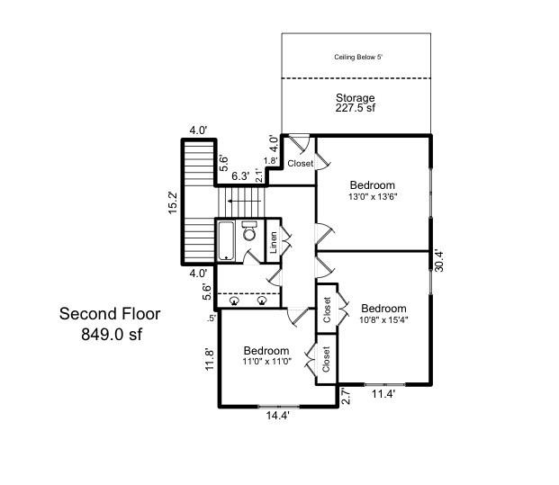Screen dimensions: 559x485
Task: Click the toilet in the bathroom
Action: tap(249, 230)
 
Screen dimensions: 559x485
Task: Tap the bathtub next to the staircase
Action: tap(226, 241)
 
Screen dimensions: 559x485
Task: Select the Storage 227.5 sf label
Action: tap(355, 103)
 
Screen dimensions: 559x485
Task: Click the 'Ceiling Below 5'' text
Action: tap(358, 57)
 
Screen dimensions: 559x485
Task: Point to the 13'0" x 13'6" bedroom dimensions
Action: tap(373, 196)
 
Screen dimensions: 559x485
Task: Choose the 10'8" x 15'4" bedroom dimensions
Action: tap(383, 319)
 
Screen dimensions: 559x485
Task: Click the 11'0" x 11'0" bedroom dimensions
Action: tap(267, 362)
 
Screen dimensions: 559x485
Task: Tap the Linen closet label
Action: tap(274, 242)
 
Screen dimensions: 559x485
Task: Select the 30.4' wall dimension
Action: tap(439, 262)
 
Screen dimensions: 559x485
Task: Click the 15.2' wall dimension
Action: tap(173, 202)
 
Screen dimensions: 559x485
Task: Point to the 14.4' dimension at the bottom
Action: tap(278, 416)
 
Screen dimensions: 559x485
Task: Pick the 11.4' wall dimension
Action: tap(383, 394)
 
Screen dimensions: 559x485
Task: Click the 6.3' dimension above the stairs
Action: tap(240, 176)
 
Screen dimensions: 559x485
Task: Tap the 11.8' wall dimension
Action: tap(210, 360)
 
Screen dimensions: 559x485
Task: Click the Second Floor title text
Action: tap(110, 314)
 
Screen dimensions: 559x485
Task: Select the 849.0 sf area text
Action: tap(112, 334)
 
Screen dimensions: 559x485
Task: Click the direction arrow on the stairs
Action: tap(245, 202)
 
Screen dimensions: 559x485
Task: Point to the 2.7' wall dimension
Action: tap(346, 396)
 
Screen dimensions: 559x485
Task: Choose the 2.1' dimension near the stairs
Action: tap(259, 175)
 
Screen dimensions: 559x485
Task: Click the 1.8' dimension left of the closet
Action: tap(271, 161)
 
